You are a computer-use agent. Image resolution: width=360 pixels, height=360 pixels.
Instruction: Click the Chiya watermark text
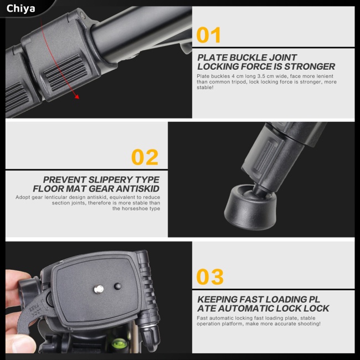(20, 8)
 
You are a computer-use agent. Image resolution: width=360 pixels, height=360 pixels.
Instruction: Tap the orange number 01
(209, 35)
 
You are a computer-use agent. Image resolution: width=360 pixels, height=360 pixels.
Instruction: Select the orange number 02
(145, 157)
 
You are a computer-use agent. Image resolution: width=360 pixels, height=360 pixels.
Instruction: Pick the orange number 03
(210, 277)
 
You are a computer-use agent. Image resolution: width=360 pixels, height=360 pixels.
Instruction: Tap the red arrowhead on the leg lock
(76, 96)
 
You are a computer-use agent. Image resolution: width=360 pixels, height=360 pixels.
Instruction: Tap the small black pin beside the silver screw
(117, 286)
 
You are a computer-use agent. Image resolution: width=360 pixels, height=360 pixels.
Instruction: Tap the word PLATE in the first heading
(213, 58)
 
